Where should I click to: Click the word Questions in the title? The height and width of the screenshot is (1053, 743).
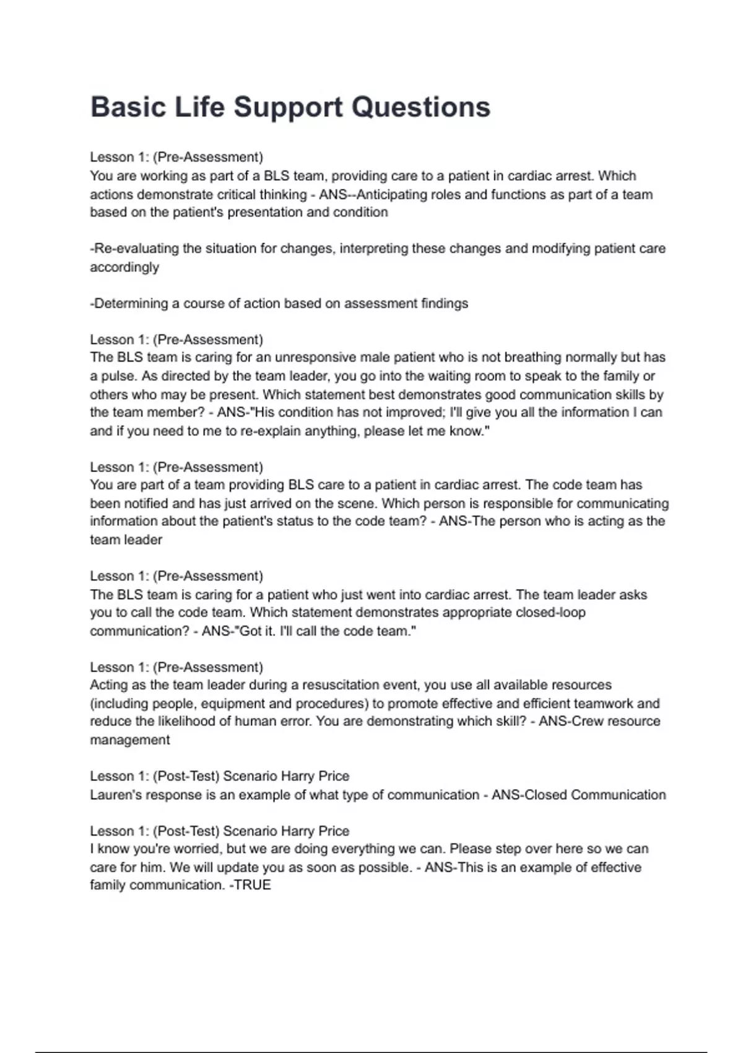420,107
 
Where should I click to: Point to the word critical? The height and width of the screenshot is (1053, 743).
235,194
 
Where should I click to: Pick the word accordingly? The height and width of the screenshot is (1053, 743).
124,268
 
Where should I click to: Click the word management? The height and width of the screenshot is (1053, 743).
130,740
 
